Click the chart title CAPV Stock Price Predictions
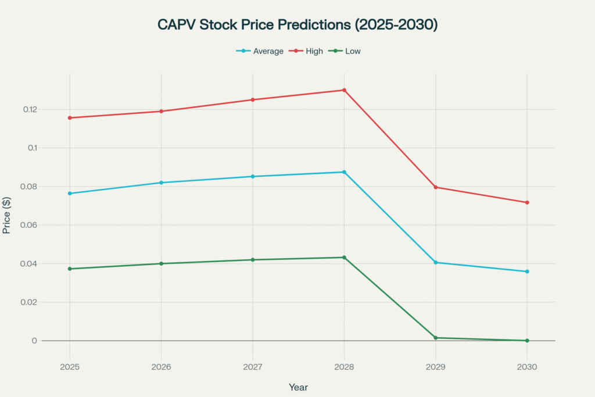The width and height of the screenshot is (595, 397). point(297,25)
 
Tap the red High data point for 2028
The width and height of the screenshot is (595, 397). point(344,90)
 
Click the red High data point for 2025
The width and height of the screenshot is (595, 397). point(70,118)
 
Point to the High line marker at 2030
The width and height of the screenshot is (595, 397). point(527,202)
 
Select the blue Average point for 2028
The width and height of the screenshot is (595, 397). point(344,172)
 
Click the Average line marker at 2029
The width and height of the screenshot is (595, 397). point(435,263)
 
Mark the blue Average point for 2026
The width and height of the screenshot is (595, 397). point(161,183)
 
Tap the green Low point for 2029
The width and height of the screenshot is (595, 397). point(435,338)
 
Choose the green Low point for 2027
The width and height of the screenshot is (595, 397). point(252,260)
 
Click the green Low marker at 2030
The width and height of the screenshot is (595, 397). point(527,341)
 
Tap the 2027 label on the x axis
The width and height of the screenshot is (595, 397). point(252,367)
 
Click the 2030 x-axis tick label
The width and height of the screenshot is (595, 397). point(527,367)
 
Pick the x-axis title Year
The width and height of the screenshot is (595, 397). point(298,387)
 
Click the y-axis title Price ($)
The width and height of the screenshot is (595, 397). point(7,215)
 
